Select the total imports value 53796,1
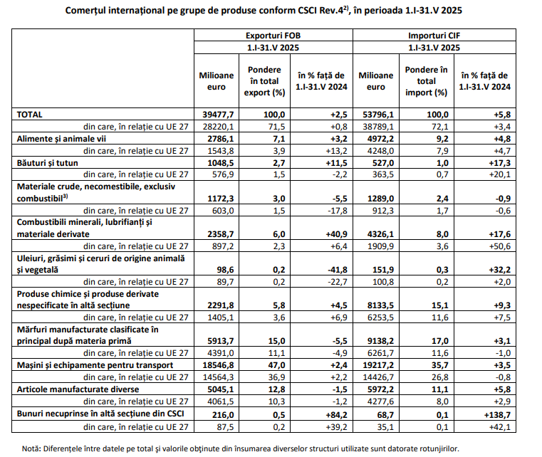click(x=377, y=115)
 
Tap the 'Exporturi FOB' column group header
click(x=273, y=36)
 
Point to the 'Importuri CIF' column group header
click(x=434, y=36)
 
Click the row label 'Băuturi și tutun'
click(x=47, y=163)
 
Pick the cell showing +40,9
click(x=336, y=234)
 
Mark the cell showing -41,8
click(x=338, y=270)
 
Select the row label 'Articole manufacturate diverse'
click(x=78, y=389)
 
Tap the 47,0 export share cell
click(x=276, y=365)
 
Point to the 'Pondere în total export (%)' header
click(x=264, y=81)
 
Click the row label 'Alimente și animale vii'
click(x=61, y=139)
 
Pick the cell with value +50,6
click(x=499, y=246)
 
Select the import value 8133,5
click(x=380, y=305)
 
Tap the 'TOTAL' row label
click(x=29, y=115)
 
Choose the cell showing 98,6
click(x=225, y=270)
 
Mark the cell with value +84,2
click(x=336, y=415)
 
